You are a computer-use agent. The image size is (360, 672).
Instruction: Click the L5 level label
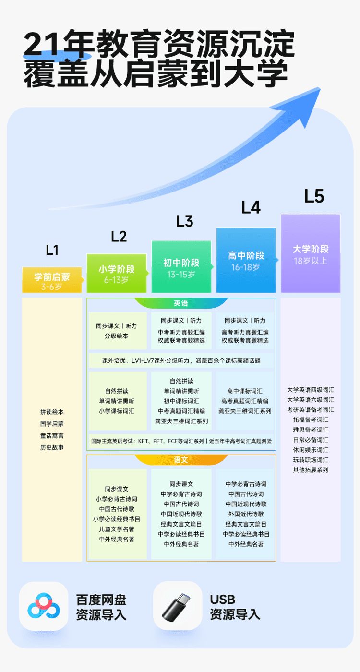pyautogui.click(x=314, y=196)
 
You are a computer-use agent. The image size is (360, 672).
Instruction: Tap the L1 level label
pyautogui.click(x=52, y=250)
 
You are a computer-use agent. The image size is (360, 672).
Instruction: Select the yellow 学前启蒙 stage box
pyautogui.click(x=52, y=280)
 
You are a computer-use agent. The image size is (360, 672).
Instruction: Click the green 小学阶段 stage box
pyautogui.click(x=117, y=273)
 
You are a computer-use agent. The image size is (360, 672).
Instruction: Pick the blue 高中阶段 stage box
pyautogui.click(x=246, y=260)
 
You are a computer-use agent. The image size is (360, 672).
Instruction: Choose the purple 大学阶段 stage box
pyautogui.click(x=311, y=253)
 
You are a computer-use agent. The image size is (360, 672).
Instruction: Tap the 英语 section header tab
pyautogui.click(x=181, y=303)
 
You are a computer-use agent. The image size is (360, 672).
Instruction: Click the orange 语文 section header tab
pyautogui.click(x=181, y=460)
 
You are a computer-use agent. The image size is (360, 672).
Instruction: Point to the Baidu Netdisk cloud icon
pyautogui.click(x=43, y=606)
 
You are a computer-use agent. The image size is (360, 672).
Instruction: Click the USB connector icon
pyautogui.click(x=178, y=606)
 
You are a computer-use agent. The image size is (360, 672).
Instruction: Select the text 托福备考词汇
pyautogui.click(x=311, y=420)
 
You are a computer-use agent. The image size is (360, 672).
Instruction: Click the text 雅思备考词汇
pyautogui.click(x=311, y=430)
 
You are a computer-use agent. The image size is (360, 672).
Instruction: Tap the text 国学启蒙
pyautogui.click(x=52, y=424)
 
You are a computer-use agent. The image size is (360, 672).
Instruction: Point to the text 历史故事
pyautogui.click(x=52, y=447)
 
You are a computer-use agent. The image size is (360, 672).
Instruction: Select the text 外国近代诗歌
pyautogui.click(x=246, y=514)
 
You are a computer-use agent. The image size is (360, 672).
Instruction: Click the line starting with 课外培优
pyautogui.click(x=181, y=360)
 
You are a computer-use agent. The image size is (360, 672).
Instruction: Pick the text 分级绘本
pyautogui.click(x=117, y=336)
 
